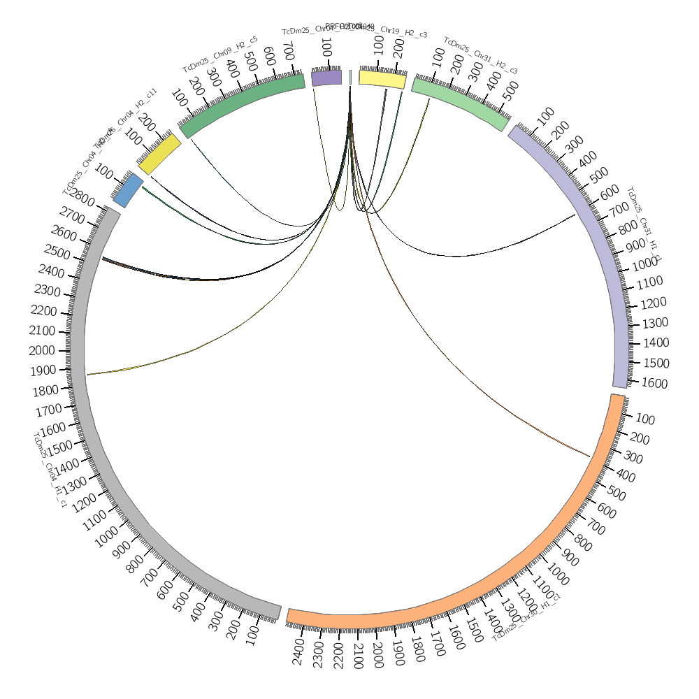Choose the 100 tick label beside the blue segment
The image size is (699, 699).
pos(104,171)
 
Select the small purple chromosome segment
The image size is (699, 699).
pos(326,77)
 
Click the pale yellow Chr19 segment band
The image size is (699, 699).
pos(382,78)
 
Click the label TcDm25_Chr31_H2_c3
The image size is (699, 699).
pos(480,56)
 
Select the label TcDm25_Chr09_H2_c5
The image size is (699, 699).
pos(220,54)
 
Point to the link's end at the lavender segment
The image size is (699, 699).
pos(575,215)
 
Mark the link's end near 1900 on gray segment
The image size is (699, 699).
pos(87,375)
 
